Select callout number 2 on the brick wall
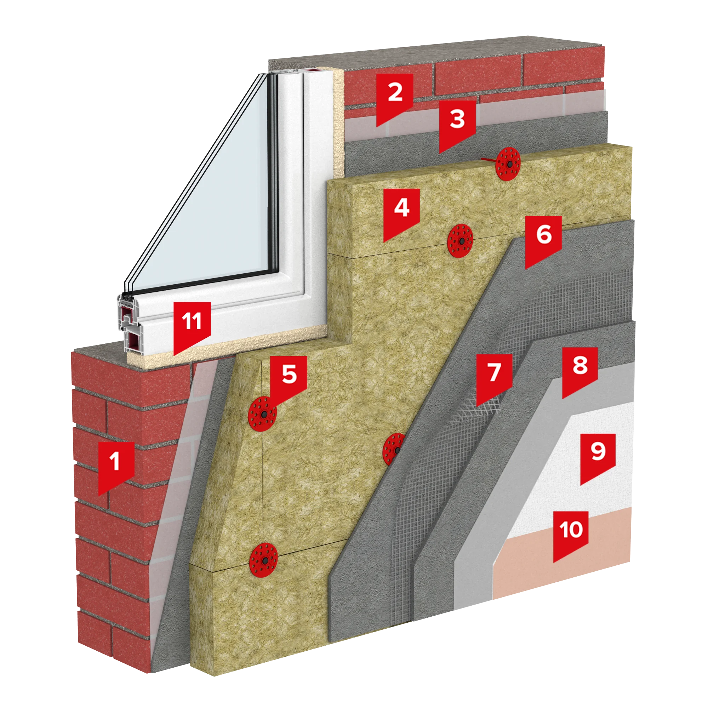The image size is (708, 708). (395, 96)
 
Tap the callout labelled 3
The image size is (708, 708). (457, 123)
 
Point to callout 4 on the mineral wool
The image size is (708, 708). (401, 211)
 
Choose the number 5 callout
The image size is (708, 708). (289, 378)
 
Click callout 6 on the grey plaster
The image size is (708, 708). (543, 239)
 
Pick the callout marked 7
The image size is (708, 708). (494, 377)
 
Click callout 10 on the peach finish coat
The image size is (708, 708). (571, 533)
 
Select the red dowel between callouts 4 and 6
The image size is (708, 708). (460, 241)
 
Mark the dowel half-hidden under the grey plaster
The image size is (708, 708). (393, 449)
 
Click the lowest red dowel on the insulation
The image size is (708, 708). (263, 561)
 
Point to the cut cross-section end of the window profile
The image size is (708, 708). (129, 324)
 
